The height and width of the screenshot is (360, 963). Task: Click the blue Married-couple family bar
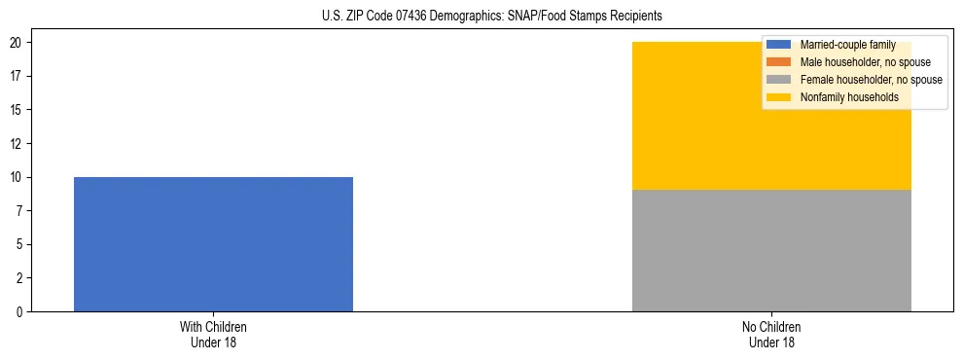pyautogui.click(x=213, y=243)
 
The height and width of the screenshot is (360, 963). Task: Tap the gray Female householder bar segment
pyautogui.click(x=771, y=250)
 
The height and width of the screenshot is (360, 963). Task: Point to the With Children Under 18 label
pyautogui.click(x=213, y=334)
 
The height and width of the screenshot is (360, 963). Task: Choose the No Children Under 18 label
pyautogui.click(x=771, y=334)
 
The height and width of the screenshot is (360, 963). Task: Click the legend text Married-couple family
pyautogui.click(x=847, y=45)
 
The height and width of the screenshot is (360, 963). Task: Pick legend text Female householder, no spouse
pyautogui.click(x=871, y=80)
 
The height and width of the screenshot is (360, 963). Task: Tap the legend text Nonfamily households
pyautogui.click(x=849, y=97)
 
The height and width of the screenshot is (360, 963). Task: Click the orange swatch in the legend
pyautogui.click(x=780, y=62)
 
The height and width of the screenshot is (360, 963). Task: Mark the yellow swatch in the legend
pyautogui.click(x=780, y=97)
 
